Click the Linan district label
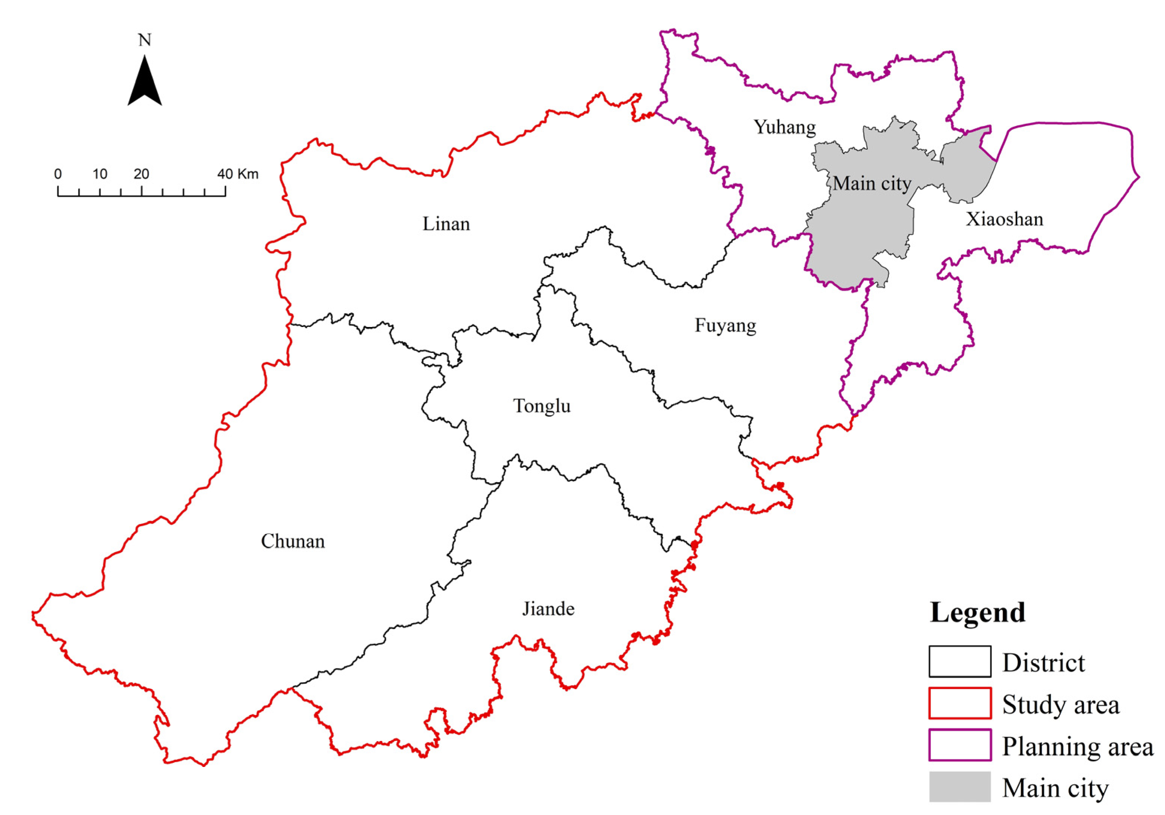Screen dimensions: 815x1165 pyautogui.click(x=446, y=224)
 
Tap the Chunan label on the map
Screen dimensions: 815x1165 pyautogui.click(x=293, y=541)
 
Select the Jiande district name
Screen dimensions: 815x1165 pyautogui.click(x=549, y=609)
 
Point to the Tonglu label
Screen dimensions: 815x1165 pyautogui.click(x=542, y=406)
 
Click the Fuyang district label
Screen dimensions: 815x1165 pyautogui.click(x=725, y=325)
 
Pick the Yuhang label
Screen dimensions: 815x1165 pyautogui.click(x=785, y=127)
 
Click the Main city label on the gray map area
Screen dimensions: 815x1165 pyautogui.click(x=872, y=183)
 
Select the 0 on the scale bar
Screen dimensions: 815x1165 pyautogui.click(x=58, y=174)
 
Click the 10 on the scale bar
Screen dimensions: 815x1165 pyautogui.click(x=100, y=174)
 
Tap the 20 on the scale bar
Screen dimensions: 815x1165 pyautogui.click(x=141, y=174)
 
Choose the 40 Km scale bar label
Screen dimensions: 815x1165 pyautogui.click(x=238, y=174)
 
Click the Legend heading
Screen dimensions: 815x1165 pyautogui.click(x=977, y=612)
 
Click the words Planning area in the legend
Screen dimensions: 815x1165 pyautogui.click(x=1077, y=746)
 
